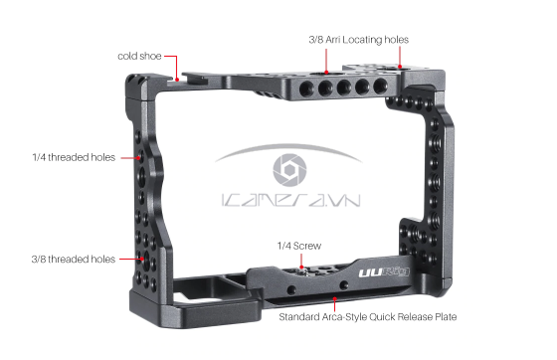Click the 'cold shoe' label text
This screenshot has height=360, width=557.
tap(139, 56)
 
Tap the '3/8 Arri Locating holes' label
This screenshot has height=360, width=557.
tap(357, 40)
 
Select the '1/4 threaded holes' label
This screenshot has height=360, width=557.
tap(72, 157)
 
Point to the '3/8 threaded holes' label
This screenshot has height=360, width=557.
tap(72, 259)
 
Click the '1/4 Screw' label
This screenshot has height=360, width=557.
tap(299, 244)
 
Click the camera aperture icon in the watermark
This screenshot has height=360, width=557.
tap(292, 170)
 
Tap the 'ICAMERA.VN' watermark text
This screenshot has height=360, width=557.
tap(292, 201)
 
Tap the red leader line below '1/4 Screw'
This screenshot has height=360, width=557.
tap(299, 259)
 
